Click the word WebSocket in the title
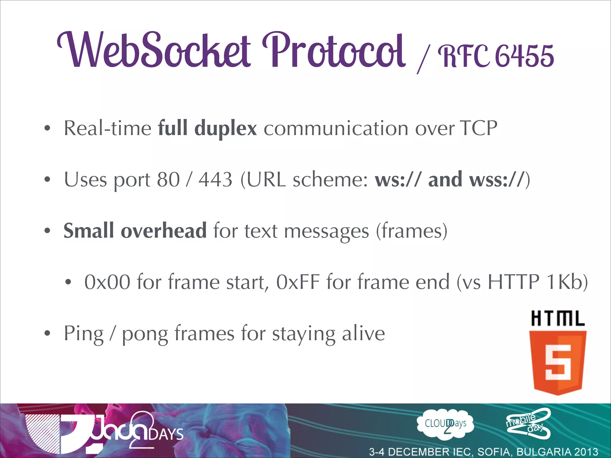click(x=154, y=51)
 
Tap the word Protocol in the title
click(x=334, y=51)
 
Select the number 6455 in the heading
click(x=524, y=56)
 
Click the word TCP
click(x=478, y=128)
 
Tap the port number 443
click(x=215, y=180)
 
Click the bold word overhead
click(x=163, y=231)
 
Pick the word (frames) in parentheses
click(x=411, y=231)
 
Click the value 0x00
click(x=107, y=282)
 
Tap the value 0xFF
click(x=298, y=282)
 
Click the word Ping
click(x=84, y=334)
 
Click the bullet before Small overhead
click(x=47, y=231)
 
